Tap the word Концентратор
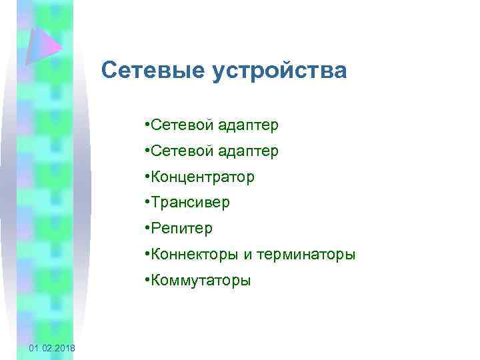(x=203, y=177)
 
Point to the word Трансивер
(x=190, y=203)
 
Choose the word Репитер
(x=182, y=229)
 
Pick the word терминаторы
(x=301, y=254)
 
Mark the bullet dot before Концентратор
(x=146, y=177)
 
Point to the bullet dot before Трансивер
(x=146, y=203)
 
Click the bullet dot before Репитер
(x=146, y=229)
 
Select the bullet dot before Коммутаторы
(x=146, y=280)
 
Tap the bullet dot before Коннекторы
(x=146, y=254)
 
